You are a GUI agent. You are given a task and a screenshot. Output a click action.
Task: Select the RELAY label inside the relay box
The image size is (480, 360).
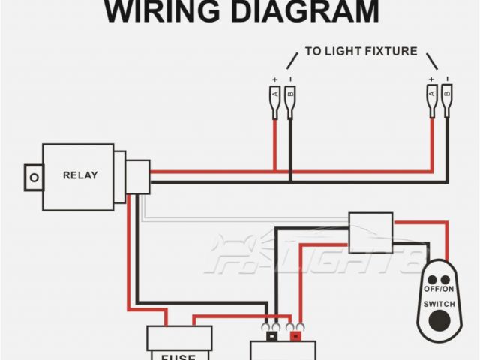(x=79, y=175)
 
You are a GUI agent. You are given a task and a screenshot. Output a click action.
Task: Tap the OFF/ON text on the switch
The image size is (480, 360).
(x=439, y=289)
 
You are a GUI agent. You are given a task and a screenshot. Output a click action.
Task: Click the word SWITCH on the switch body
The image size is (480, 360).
(x=439, y=304)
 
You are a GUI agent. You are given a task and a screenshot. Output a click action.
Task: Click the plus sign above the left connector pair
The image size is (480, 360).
(x=275, y=79)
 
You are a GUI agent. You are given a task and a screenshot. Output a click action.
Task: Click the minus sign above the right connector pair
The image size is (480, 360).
(x=447, y=79)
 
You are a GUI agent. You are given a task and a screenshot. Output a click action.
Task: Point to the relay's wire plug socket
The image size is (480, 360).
(x=138, y=177)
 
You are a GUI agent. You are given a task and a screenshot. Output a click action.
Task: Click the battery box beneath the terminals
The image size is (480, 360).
(x=283, y=350)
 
